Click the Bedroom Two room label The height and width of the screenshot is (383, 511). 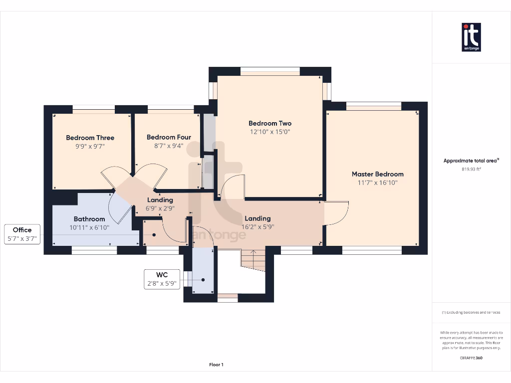[270, 124]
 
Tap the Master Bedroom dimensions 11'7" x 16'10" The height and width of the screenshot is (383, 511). [378, 183]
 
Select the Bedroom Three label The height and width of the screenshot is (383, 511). [90, 138]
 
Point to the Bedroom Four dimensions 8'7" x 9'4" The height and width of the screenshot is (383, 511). [169, 146]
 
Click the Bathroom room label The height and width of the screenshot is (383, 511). [89, 219]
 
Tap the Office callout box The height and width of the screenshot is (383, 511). [22, 234]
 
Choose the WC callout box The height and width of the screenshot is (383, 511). [162, 279]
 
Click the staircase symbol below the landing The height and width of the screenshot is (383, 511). [253, 260]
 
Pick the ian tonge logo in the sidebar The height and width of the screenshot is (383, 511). [471, 37]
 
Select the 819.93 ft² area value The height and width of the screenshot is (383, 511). [471, 169]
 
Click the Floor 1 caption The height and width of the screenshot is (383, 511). [217, 365]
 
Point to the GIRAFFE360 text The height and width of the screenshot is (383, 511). [471, 358]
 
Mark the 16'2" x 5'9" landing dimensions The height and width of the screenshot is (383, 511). [258, 227]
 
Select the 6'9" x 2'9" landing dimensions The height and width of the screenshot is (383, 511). [160, 208]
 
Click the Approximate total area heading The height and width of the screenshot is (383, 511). [471, 161]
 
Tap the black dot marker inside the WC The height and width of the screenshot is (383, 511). [203, 280]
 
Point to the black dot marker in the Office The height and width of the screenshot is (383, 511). [154, 235]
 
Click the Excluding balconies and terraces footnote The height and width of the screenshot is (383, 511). [471, 312]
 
